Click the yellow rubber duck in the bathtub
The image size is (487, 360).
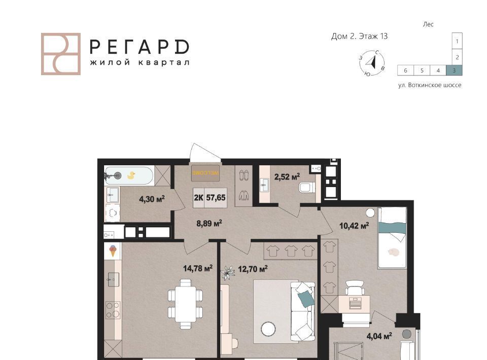pos(131,175)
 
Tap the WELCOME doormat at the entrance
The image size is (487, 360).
pos(205,173)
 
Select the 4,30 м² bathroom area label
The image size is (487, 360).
pos(152,199)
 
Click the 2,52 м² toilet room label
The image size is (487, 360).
pos(287,177)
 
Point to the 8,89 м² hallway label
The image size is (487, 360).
pos(209,223)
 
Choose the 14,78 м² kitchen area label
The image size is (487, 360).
pos(198,268)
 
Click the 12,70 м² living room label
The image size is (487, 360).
pos(253,269)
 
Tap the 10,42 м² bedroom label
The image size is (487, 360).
pos(354,226)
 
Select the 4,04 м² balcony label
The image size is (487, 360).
pos(379,336)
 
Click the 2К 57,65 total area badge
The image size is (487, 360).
pos(210,198)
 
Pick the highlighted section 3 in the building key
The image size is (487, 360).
pos(454,70)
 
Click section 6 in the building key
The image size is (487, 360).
pos(405,70)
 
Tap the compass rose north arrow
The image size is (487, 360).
pos(372,63)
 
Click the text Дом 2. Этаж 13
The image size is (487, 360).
pos(359,37)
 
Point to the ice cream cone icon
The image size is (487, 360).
pos(113,250)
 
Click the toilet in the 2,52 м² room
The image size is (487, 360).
pos(306,188)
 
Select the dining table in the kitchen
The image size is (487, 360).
pos(186,304)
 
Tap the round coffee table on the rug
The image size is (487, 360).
pos(268,329)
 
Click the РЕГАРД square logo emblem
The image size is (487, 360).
pos(61,54)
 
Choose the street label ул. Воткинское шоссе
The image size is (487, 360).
pos(430,85)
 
